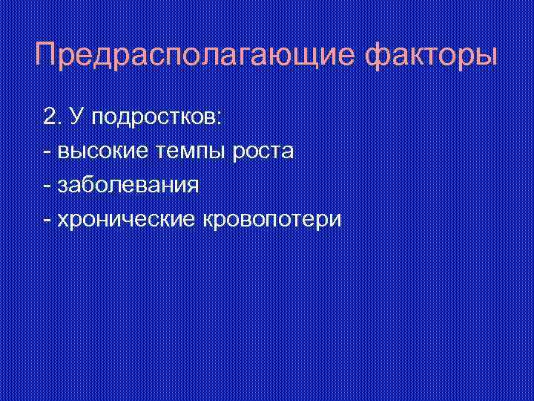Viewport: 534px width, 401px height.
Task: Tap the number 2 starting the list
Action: (x=50, y=117)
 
